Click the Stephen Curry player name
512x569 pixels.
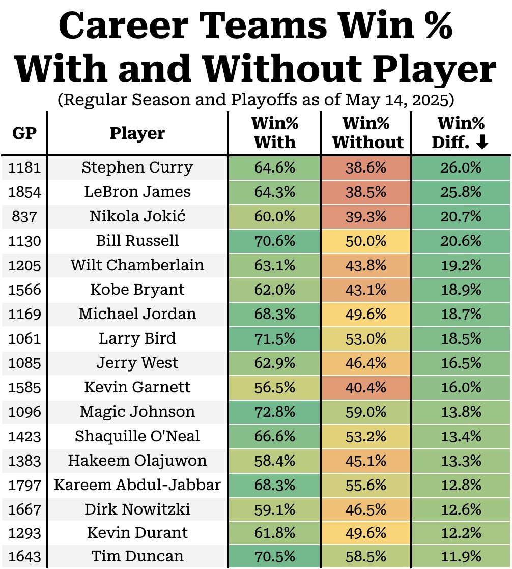[x=137, y=167]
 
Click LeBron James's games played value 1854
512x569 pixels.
[x=24, y=192]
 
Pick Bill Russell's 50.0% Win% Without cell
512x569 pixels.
[x=366, y=241]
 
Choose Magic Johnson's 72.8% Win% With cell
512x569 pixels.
[x=274, y=412]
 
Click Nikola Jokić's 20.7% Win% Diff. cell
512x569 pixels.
[x=461, y=216]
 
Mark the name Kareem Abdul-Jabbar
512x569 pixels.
[x=137, y=485]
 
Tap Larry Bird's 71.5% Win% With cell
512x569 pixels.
[x=274, y=338]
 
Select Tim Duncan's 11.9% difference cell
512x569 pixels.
[x=461, y=556]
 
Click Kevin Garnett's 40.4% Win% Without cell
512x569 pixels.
[x=366, y=387]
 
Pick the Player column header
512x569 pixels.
[x=137, y=133]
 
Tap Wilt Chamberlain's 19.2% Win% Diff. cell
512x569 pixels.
[x=461, y=265]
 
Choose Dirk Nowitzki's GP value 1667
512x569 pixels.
[x=24, y=509]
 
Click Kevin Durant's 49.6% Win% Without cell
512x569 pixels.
[x=366, y=533]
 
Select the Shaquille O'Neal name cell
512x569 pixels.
[x=137, y=436]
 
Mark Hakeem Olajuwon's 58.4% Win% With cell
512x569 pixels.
[x=274, y=461]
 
